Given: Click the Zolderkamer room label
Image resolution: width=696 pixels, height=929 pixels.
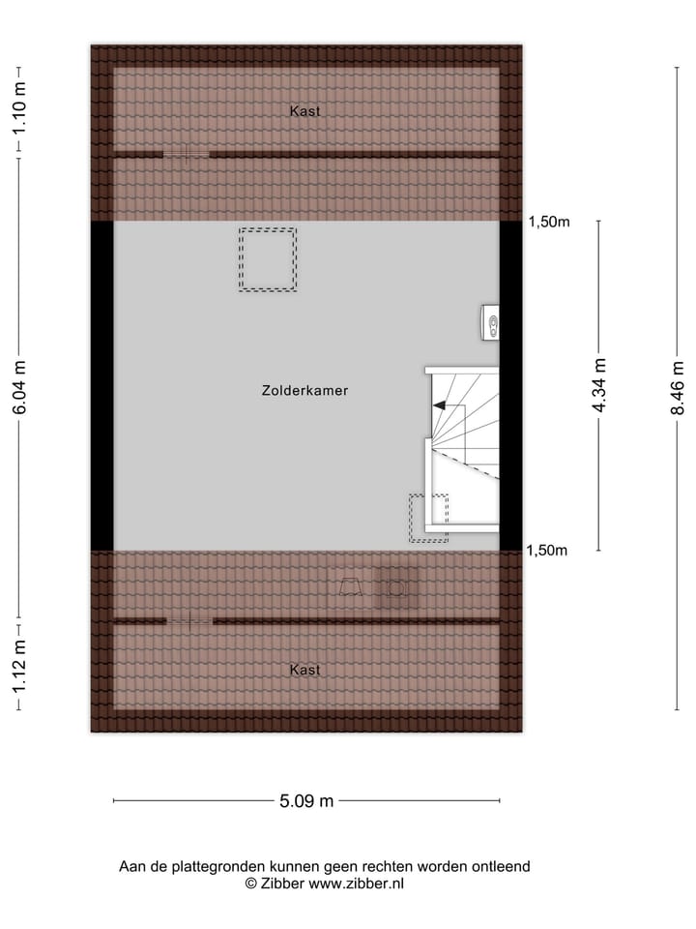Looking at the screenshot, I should [x=304, y=391].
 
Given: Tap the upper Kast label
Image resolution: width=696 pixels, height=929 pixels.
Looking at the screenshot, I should [x=304, y=111].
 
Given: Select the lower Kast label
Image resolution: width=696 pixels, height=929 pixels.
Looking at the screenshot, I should [x=304, y=670].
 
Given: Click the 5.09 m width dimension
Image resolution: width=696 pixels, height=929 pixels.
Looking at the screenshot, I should [x=306, y=800].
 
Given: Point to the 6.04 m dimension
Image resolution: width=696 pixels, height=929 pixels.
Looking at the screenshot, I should [x=19, y=387].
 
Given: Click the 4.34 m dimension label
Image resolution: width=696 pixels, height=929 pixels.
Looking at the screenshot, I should [x=599, y=386].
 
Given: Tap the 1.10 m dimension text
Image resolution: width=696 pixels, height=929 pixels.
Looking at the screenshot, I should [x=19, y=111].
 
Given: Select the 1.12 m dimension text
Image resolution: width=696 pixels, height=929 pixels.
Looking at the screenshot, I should [x=19, y=668].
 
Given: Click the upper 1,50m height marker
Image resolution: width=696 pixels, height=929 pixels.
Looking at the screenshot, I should [x=548, y=222].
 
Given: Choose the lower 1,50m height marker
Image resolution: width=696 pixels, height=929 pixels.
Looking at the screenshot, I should [x=548, y=551].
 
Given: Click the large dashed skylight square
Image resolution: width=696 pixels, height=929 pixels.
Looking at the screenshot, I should [x=268, y=259].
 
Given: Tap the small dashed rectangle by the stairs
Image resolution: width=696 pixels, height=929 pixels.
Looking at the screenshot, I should [x=428, y=518].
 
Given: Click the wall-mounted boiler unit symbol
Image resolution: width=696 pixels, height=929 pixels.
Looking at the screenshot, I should [x=492, y=323].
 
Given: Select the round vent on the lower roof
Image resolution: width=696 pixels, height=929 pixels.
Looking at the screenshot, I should [x=395, y=587].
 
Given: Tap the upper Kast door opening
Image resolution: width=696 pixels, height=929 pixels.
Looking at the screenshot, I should [x=186, y=154].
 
